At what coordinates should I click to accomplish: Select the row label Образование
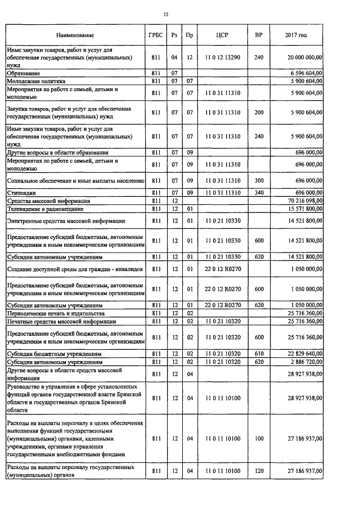pyautogui.click(x=23, y=73)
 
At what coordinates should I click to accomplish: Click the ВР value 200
pyautogui.click(x=259, y=112)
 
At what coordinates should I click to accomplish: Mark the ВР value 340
pyautogui.click(x=259, y=193)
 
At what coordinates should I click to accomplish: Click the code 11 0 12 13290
pyautogui.click(x=222, y=57)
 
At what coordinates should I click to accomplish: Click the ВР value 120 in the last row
pyautogui.click(x=259, y=471)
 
